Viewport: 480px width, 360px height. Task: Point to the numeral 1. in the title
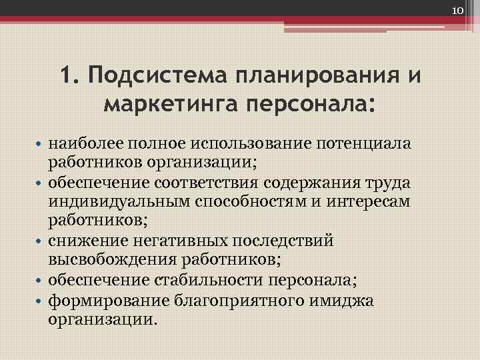click(x=69, y=75)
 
